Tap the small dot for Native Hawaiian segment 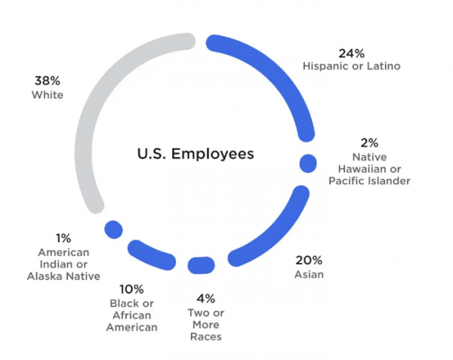[308, 162]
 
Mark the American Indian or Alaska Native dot [114, 229]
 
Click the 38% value [47, 80]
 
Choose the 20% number [308, 260]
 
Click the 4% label [205, 299]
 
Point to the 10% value [132, 288]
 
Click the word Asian [309, 275]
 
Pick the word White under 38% [47, 95]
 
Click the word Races [205, 337]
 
